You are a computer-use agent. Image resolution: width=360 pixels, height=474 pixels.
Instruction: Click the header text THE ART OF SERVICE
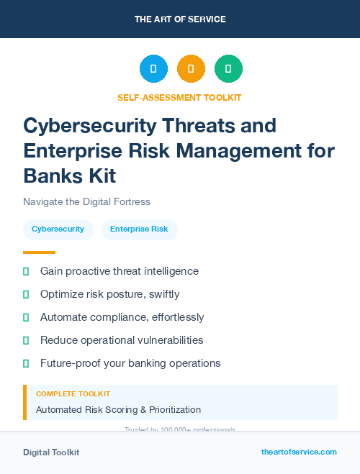coord(180,19)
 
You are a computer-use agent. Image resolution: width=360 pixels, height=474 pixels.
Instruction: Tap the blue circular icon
coord(153,69)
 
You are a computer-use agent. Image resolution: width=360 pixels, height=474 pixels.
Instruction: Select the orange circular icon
coord(191,69)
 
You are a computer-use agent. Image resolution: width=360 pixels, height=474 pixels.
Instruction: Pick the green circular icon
coord(228,69)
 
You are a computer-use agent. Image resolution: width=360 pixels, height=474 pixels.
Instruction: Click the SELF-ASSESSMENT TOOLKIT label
coord(180,98)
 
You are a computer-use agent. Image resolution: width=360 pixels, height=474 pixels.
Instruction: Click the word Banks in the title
coord(51,176)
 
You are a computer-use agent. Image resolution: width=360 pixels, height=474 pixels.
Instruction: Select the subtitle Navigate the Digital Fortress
coord(86,201)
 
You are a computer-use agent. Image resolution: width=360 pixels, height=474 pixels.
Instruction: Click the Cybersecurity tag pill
coord(58,229)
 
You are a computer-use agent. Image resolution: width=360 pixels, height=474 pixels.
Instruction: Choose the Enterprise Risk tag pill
coord(139,229)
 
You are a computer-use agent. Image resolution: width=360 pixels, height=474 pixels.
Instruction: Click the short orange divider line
coord(39,252)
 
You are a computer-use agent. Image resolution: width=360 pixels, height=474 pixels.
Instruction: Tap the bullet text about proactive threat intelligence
coord(120,271)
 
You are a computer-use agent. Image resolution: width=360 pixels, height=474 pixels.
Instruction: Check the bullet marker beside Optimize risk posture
coord(26,294)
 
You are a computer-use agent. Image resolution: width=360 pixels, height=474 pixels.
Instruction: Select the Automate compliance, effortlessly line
coord(122,317)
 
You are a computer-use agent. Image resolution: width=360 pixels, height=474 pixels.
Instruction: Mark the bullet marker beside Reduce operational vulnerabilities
coord(26,340)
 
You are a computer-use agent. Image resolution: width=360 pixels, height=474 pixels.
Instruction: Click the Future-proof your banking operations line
coord(130,363)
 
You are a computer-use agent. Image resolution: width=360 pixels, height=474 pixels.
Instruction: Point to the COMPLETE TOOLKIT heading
coord(73,394)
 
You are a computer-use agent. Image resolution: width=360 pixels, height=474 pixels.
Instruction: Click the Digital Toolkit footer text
coord(51,452)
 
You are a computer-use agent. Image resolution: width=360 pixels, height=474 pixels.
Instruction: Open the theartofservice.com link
coord(299,452)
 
